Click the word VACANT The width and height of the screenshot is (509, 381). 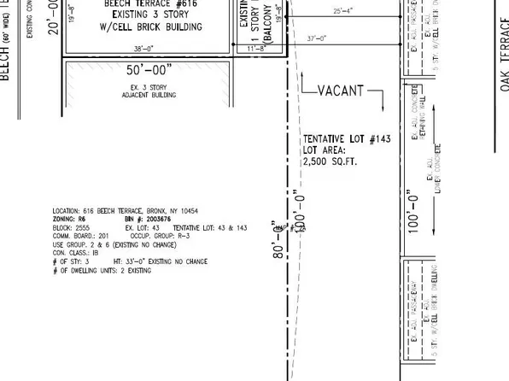[x=341, y=90]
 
